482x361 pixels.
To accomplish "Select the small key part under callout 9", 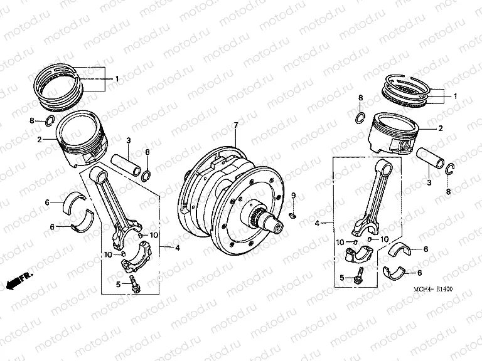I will [x=293, y=217].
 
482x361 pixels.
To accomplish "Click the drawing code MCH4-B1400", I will [x=434, y=290].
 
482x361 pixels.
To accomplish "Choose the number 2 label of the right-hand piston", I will [x=440, y=128].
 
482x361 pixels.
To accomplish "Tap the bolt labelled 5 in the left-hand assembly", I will [x=133, y=282].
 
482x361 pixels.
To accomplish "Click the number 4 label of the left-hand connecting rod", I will [x=178, y=248].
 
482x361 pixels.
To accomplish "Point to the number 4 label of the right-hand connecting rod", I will [x=318, y=222].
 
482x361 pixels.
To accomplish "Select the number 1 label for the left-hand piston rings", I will [x=116, y=78].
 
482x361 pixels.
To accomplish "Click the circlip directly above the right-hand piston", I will [x=361, y=117].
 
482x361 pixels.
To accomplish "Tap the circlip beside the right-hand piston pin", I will [x=449, y=169].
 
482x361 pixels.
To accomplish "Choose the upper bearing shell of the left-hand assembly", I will [x=80, y=201].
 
